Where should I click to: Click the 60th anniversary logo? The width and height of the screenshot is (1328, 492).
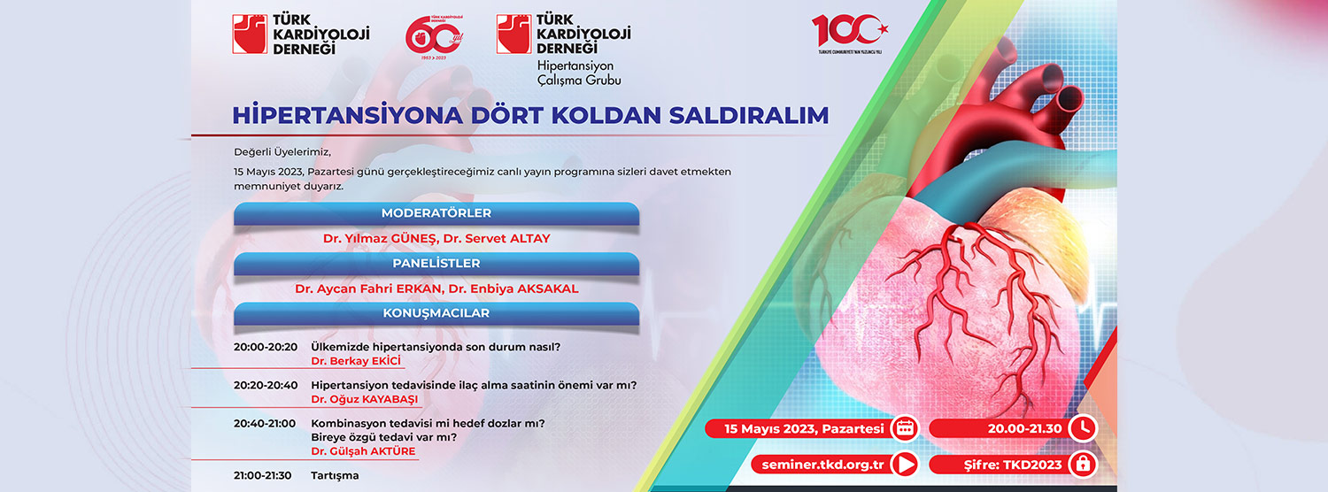pyautogui.click(x=434, y=37)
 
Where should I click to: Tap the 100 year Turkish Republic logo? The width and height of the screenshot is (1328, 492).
pyautogui.click(x=850, y=35)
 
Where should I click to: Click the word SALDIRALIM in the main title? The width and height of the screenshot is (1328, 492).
pyautogui.click(x=749, y=115)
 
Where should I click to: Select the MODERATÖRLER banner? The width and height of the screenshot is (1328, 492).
pyautogui.click(x=436, y=213)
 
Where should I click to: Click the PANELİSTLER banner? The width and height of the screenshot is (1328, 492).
pyautogui.click(x=436, y=264)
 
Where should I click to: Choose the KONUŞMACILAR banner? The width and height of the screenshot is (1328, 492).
pyautogui.click(x=436, y=313)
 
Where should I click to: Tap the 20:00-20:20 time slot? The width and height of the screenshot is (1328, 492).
pyautogui.click(x=266, y=347)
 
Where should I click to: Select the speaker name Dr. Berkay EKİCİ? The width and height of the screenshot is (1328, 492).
pyautogui.click(x=356, y=361)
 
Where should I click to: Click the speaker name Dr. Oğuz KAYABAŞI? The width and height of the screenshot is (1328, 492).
pyautogui.click(x=365, y=399)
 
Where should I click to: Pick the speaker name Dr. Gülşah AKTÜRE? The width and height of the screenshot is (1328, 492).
pyautogui.click(x=363, y=451)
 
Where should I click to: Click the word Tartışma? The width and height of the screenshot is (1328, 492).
pyautogui.click(x=335, y=475)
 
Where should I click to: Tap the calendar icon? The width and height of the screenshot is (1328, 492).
pyautogui.click(x=905, y=428)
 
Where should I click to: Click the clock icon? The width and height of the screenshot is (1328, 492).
pyautogui.click(x=1084, y=428)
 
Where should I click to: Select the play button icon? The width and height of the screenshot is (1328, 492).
pyautogui.click(x=905, y=465)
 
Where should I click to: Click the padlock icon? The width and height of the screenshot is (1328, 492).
pyautogui.click(x=1084, y=465)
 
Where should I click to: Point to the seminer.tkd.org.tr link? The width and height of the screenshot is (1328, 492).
pyautogui.click(x=822, y=465)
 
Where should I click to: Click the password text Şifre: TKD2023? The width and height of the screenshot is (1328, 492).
pyautogui.click(x=1013, y=465)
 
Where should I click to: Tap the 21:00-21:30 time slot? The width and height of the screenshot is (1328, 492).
pyautogui.click(x=263, y=475)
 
